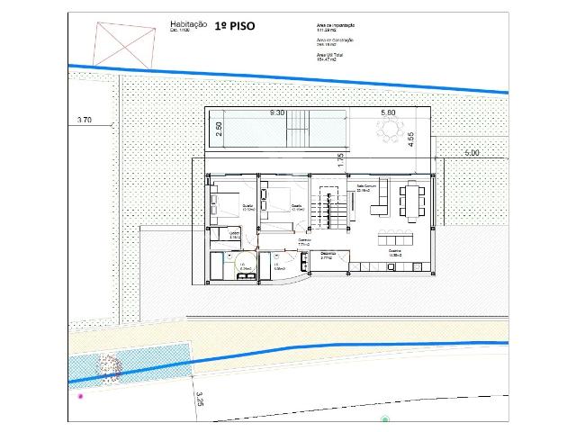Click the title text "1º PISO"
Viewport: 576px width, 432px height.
click(235, 26)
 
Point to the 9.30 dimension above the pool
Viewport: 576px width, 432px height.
click(278, 113)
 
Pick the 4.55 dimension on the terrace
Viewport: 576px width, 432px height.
click(410, 139)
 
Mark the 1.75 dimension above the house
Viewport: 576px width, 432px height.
click(341, 161)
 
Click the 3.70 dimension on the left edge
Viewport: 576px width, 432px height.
click(85, 119)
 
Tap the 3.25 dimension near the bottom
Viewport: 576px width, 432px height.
click(201, 399)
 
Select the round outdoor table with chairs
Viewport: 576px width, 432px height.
click(390, 132)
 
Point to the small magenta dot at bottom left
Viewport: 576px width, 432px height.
click(80, 395)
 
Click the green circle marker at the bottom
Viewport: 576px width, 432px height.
click(385, 419)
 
